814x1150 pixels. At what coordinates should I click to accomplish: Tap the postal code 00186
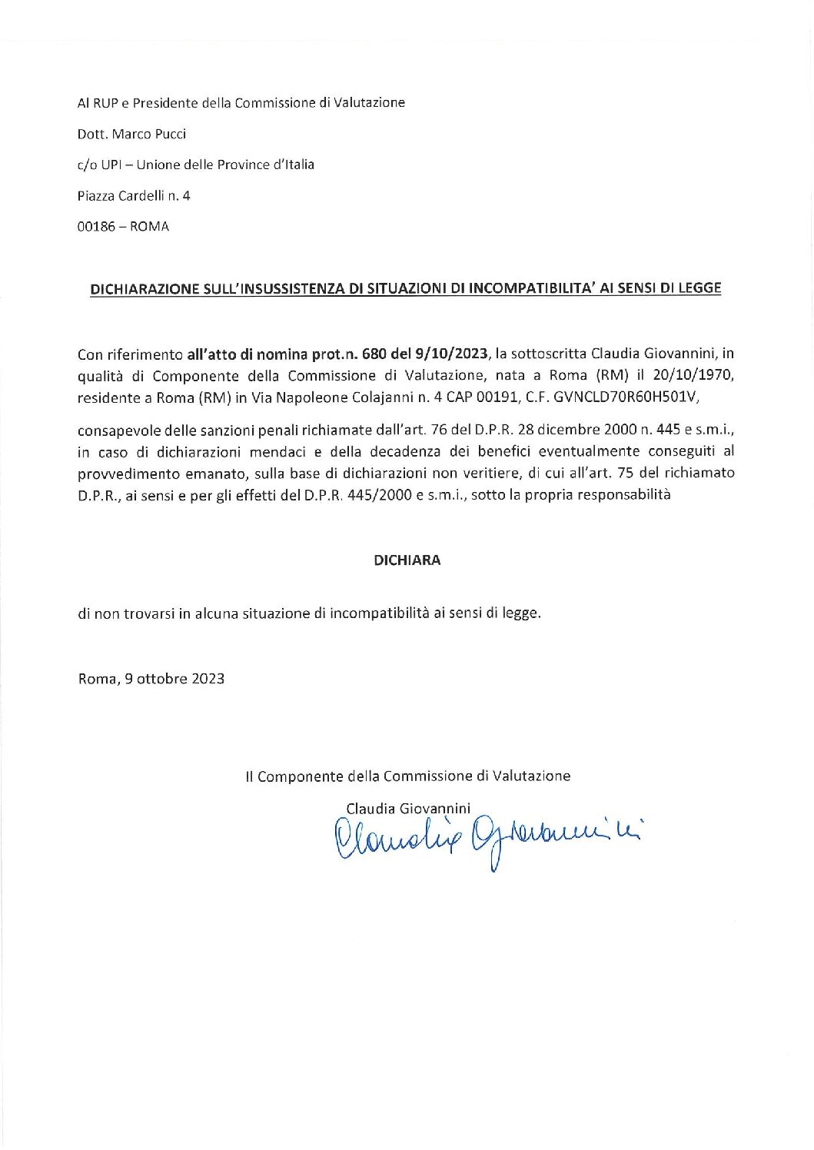(x=96, y=227)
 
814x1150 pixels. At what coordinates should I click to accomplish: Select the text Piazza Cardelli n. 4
(x=134, y=196)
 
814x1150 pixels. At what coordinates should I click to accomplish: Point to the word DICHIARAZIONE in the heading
(x=144, y=289)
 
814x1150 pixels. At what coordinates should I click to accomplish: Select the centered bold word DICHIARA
(x=407, y=560)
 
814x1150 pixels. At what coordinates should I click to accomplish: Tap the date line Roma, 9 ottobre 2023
(x=151, y=679)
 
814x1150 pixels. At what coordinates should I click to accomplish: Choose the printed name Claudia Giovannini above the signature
(x=407, y=808)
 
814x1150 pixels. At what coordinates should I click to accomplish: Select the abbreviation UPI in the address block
(x=111, y=165)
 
